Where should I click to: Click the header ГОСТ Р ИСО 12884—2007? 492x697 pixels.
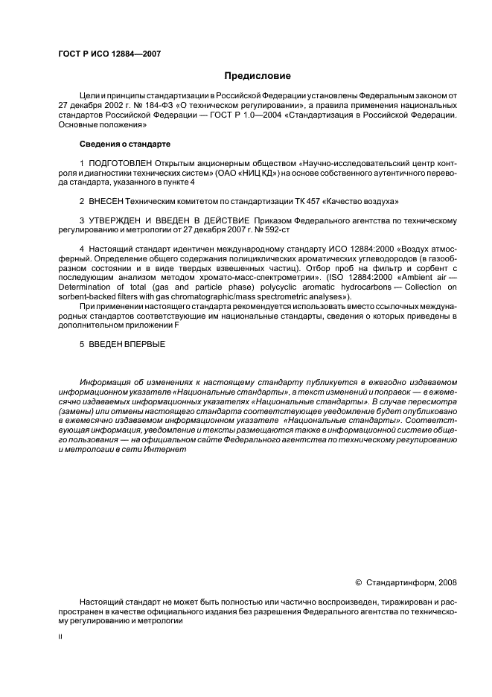(109, 54)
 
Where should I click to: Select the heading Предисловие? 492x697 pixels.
(258, 76)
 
